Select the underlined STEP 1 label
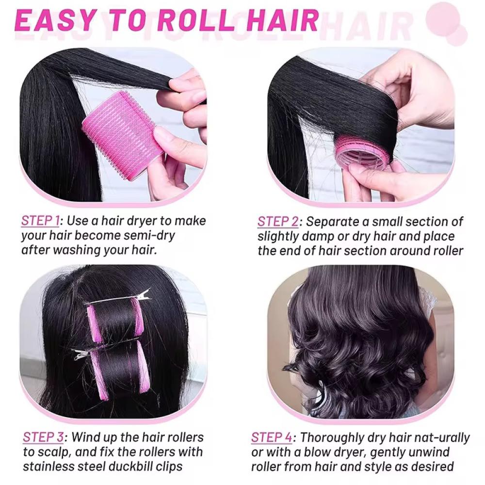(x=40, y=221)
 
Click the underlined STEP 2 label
(x=278, y=222)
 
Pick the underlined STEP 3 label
(x=43, y=437)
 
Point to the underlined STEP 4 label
(x=272, y=437)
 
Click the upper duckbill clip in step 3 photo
(x=117, y=298)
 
